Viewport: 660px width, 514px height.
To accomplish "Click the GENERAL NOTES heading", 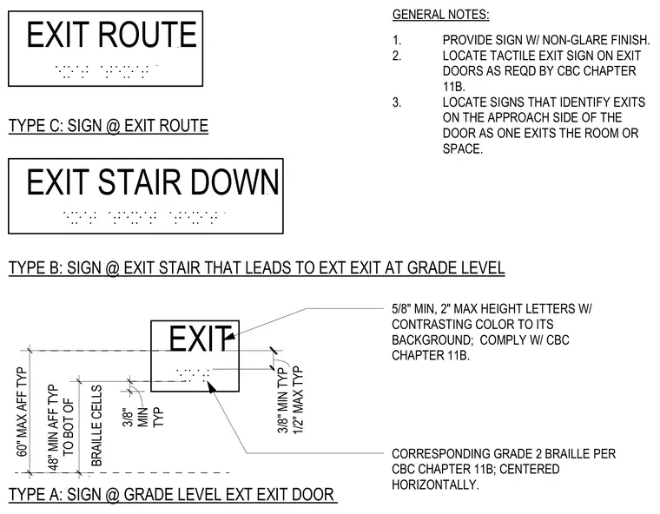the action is tap(440, 15).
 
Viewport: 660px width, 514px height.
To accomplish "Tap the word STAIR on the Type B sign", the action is tap(140, 182).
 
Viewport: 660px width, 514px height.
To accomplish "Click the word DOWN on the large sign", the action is tap(234, 182).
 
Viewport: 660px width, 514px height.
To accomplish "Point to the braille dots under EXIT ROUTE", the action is tap(107, 71).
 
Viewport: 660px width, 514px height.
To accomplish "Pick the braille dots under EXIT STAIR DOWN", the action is tap(144, 217).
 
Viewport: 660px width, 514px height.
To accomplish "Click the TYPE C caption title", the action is tap(109, 126).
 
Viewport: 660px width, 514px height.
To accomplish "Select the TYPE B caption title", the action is tap(257, 267).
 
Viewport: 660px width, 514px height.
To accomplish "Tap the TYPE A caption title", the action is tap(172, 494).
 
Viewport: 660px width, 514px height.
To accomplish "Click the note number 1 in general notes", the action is tap(397, 41).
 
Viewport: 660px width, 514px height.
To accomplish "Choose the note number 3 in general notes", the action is tap(397, 102).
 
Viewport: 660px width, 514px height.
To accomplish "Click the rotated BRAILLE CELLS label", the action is tap(96, 425).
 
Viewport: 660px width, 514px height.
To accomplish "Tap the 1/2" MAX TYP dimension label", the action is tap(297, 400).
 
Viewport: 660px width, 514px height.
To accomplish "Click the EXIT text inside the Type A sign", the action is tap(200, 339).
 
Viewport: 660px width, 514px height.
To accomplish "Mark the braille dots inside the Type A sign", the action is tap(193, 375).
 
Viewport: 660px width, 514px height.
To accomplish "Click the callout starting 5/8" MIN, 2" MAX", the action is tap(492, 333).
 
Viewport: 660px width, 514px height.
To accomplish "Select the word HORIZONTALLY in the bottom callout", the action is tap(435, 484).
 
